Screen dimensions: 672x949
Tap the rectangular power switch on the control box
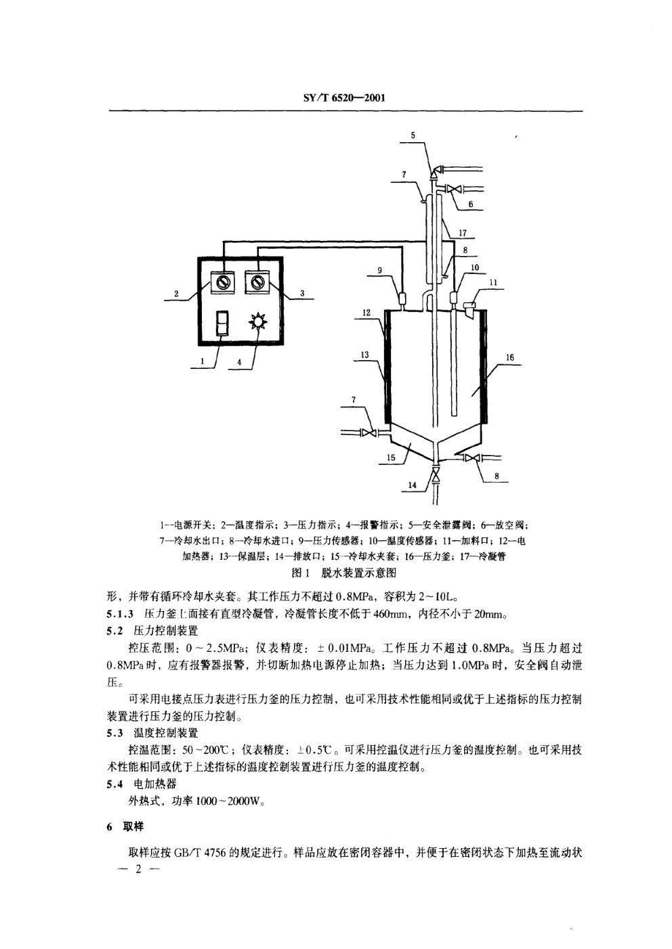pos(222,324)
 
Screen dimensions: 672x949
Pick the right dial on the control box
pos(257,282)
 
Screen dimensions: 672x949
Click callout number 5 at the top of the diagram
pos(413,135)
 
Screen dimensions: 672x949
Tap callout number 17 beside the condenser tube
pos(463,233)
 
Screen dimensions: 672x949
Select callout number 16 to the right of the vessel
pos(509,357)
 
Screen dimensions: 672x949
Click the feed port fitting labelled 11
pos(469,309)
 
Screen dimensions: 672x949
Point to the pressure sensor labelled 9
pos(401,300)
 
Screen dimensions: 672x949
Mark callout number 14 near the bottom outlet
pos(413,485)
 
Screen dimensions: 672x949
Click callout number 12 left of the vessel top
pos(366,313)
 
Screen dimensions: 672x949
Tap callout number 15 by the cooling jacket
pos(391,457)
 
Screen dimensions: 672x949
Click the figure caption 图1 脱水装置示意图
pos(344,573)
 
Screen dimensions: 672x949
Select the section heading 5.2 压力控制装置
pos(152,631)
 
